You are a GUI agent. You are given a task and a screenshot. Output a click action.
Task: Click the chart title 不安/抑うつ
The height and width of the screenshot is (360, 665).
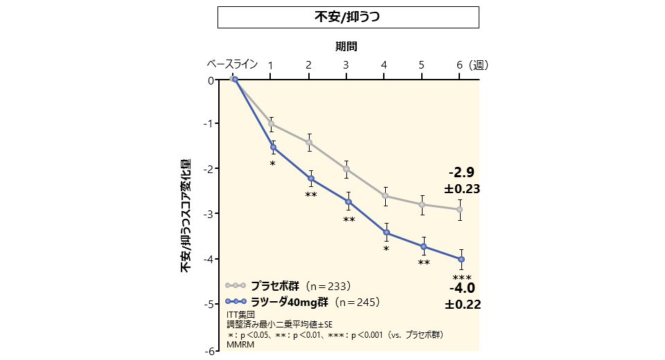click(348, 17)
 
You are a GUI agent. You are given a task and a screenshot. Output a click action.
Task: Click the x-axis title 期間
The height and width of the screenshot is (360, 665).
click(346, 46)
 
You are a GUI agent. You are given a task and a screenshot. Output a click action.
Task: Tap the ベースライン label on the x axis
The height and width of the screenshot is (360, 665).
click(233, 64)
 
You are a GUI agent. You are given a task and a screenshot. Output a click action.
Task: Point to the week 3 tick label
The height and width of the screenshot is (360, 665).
click(346, 65)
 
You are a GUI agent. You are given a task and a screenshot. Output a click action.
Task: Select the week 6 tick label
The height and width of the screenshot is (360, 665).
click(459, 65)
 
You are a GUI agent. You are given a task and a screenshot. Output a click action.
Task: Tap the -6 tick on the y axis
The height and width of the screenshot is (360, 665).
click(209, 351)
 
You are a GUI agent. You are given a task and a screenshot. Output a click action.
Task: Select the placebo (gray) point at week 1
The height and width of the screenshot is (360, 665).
click(272, 124)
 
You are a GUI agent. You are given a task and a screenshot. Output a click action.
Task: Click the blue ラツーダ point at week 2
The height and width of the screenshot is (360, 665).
click(310, 179)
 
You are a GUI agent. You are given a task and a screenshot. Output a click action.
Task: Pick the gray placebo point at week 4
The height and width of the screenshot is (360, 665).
click(385, 196)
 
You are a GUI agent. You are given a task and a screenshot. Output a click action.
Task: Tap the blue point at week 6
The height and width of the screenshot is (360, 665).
click(461, 260)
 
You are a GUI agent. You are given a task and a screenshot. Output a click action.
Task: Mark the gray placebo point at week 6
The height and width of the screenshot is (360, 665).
click(460, 209)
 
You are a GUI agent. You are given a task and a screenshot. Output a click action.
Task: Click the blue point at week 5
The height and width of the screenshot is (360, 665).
click(423, 246)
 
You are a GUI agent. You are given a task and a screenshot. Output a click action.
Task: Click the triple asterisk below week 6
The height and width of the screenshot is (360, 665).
click(461, 277)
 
